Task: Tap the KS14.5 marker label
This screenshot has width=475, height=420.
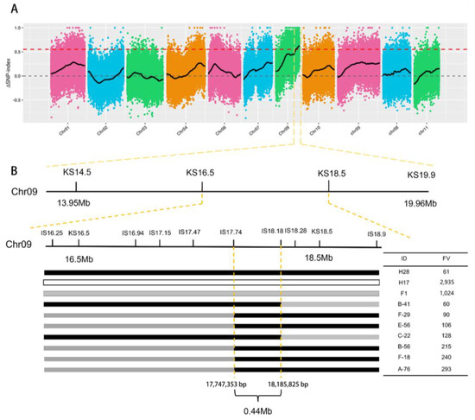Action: [77, 173]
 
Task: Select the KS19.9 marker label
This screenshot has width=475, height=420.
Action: [423, 175]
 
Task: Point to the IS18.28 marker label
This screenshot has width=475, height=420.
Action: [296, 232]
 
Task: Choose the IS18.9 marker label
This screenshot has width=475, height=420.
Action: [377, 233]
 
